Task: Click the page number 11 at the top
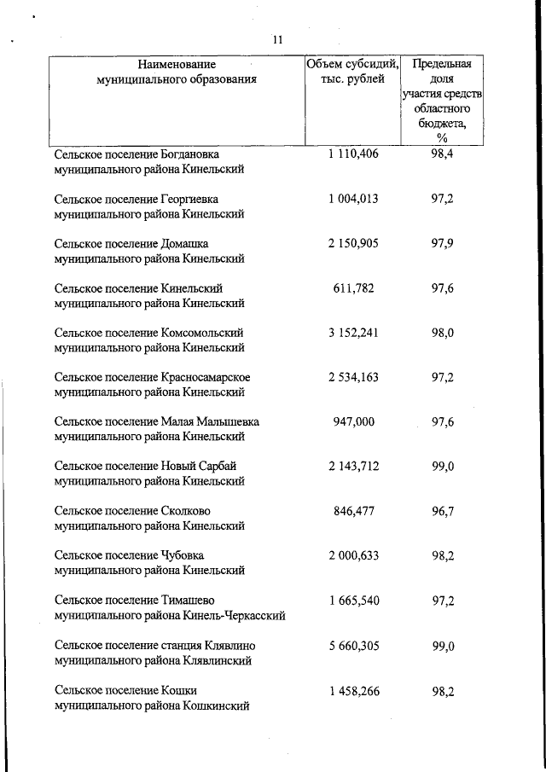(x=277, y=40)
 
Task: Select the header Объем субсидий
(x=352, y=64)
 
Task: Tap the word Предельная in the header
(x=442, y=64)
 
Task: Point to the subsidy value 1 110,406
(x=352, y=154)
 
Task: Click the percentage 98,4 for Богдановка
(x=442, y=154)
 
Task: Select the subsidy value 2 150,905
(x=352, y=243)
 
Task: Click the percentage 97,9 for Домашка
(x=442, y=243)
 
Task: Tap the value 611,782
(x=352, y=288)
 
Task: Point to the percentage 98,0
(x=442, y=333)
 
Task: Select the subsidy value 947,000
(x=352, y=421)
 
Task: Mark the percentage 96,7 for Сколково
(x=442, y=511)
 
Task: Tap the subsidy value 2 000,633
(x=352, y=555)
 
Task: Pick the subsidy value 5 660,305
(x=352, y=645)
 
